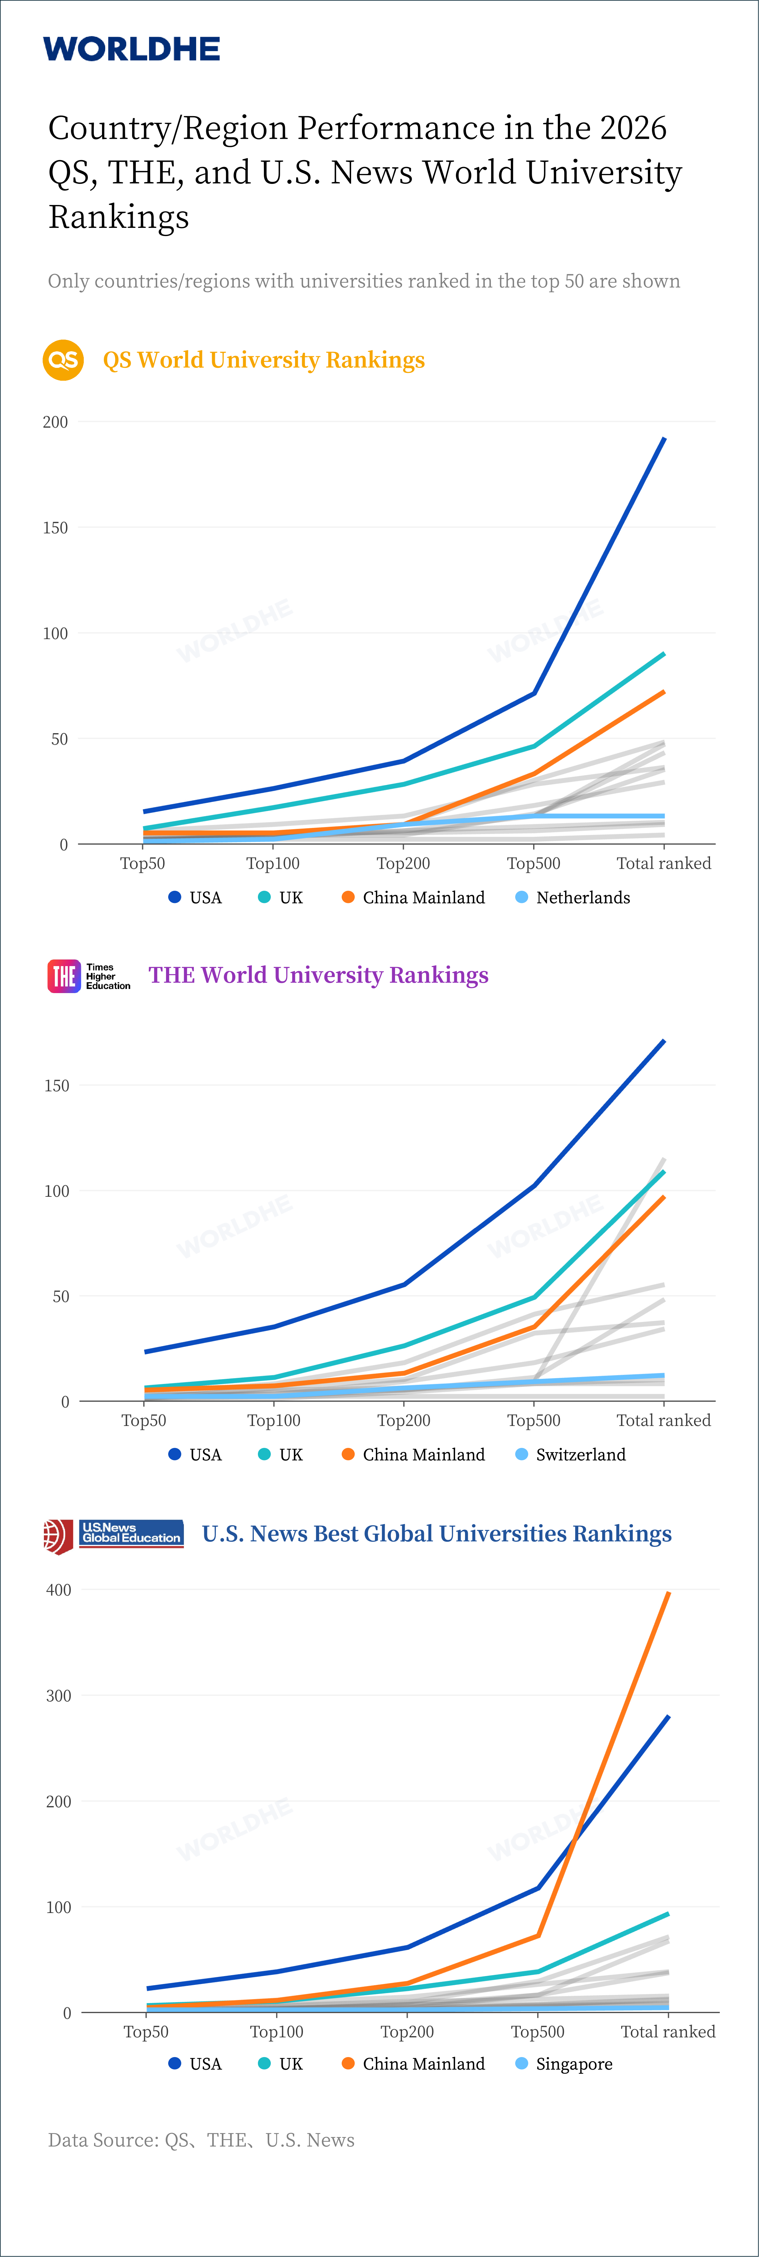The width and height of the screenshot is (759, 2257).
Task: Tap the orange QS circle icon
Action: [63, 360]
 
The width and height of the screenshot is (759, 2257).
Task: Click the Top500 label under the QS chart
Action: [533, 863]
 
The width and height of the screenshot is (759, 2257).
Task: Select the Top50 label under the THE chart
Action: [144, 1420]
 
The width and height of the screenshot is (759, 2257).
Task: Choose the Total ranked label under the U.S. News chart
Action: [668, 2031]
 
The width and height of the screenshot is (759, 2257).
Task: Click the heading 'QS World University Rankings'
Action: [264, 360]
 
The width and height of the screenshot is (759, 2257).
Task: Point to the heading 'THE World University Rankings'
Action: [319, 975]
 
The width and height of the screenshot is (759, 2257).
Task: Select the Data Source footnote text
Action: [201, 2140]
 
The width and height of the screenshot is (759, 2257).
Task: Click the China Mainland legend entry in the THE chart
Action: [413, 1454]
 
